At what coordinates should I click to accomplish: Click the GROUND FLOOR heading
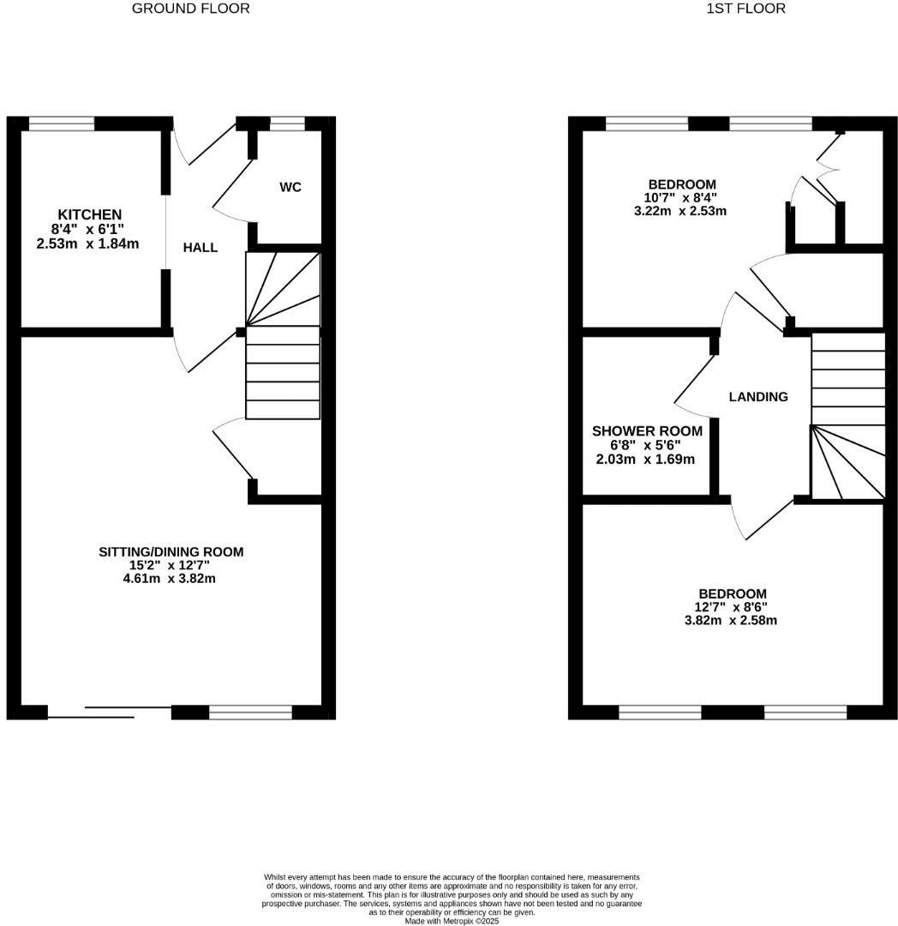[x=191, y=9]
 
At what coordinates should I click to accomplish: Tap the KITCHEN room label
[x=90, y=214]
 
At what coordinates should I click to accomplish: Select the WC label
[x=290, y=188]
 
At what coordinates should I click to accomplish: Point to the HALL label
[x=201, y=248]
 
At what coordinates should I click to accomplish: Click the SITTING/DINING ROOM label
[x=171, y=552]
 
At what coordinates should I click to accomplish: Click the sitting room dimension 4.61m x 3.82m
[x=170, y=579]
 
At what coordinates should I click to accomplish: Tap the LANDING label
[x=758, y=397]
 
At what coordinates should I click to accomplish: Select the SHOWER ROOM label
[x=647, y=431]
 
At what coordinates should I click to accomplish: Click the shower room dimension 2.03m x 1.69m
[x=645, y=459]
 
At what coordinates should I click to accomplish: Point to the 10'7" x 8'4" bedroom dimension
[x=682, y=197]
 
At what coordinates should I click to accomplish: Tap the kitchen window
[x=62, y=123]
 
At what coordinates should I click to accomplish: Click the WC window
[x=286, y=123]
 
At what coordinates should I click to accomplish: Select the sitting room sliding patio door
[x=109, y=711]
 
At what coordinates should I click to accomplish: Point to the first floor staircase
[x=847, y=416]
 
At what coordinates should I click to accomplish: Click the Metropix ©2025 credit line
[x=452, y=921]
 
